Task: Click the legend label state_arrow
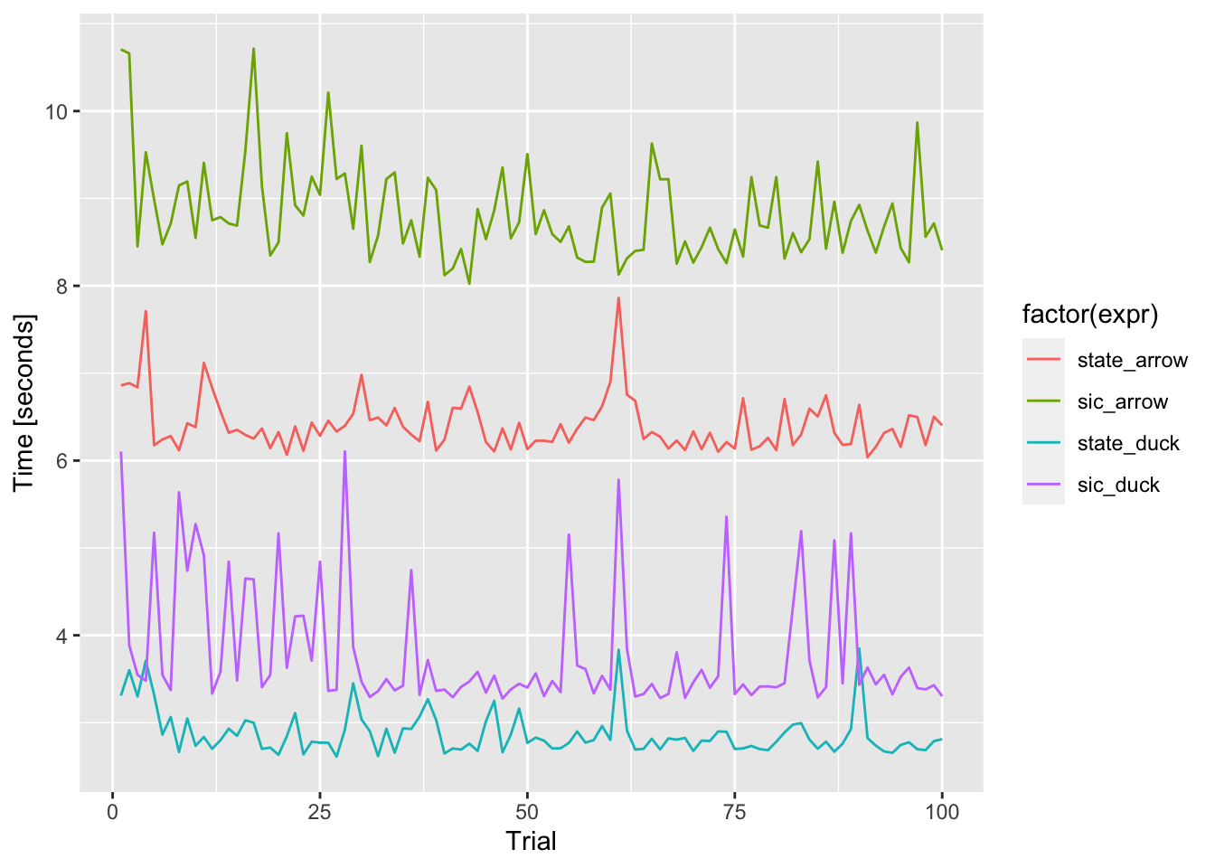1132,360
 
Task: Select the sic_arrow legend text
1122,401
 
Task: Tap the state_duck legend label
1128,443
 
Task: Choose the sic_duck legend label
1118,485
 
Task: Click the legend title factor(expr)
1090,314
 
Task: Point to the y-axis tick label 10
57,111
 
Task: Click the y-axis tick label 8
63,286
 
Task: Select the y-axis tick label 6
63,460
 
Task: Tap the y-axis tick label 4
63,635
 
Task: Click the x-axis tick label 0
112,812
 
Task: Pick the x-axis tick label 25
319,812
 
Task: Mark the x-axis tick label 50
527,812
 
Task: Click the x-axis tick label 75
734,812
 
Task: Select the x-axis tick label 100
942,812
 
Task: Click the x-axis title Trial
531,842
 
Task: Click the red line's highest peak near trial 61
618,297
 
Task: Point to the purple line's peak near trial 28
344,451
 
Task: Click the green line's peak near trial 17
253,49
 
